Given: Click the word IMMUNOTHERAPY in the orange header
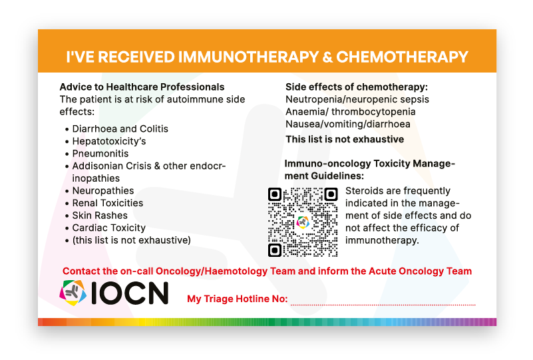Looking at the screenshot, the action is pos(248,57).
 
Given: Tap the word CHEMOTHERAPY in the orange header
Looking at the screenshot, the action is pos(402,57).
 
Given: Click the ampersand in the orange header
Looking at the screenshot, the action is pos(327,57).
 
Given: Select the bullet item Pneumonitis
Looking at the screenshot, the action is pos(100,154).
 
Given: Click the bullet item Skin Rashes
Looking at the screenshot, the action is pos(100,216).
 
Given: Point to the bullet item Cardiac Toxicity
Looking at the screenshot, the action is pos(108,228).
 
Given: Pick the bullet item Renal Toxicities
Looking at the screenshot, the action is pos(108,203).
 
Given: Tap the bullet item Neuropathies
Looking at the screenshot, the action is pos(103,191).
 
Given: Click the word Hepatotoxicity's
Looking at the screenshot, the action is pos(109,142).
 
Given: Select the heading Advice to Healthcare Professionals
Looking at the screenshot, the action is pos(142,87).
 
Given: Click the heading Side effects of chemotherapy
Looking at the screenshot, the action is pos(357,87).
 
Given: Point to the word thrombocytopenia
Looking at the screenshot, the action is pos(373,112).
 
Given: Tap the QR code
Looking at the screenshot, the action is pos(303,222).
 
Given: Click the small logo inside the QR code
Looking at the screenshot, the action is pos(303,222).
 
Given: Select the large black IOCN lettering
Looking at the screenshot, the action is pos(130,293).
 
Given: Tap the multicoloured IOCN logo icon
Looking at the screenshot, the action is pos(73,293).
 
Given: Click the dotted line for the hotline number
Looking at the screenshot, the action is pos(383,305).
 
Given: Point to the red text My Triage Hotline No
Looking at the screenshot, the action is pos(238,299).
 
